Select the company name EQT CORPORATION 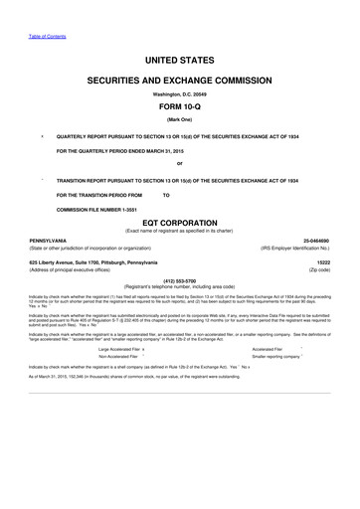click(x=179, y=222)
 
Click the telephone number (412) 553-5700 click(x=179, y=281)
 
